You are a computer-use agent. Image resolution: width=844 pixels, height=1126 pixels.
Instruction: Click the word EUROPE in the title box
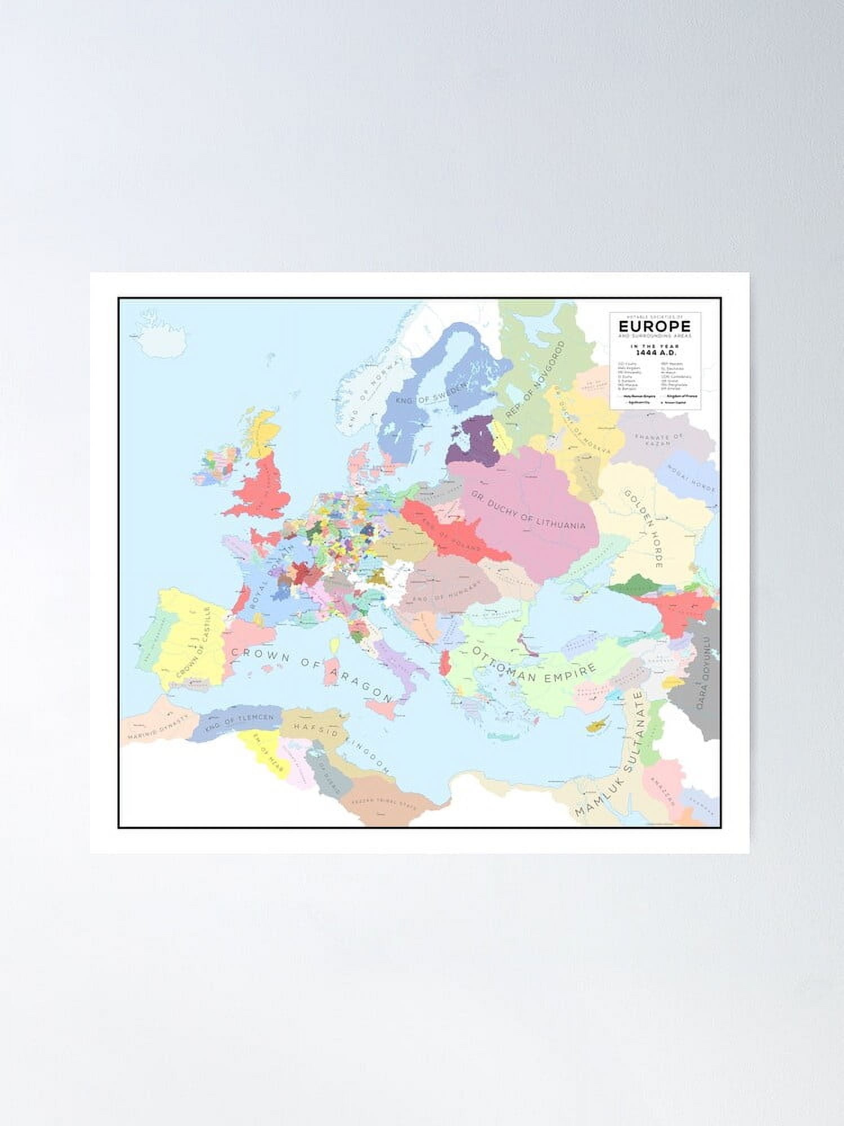[654, 326]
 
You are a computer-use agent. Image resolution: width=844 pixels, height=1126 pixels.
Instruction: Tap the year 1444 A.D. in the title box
[655, 352]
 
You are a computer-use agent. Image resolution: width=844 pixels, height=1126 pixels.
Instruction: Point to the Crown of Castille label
[194, 642]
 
